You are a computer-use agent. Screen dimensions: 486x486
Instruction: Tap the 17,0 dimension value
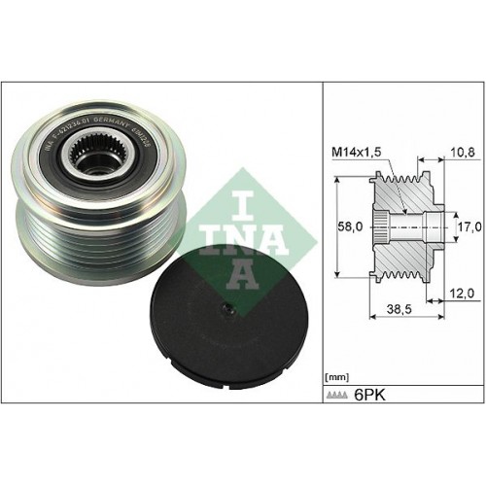coord(469,226)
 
